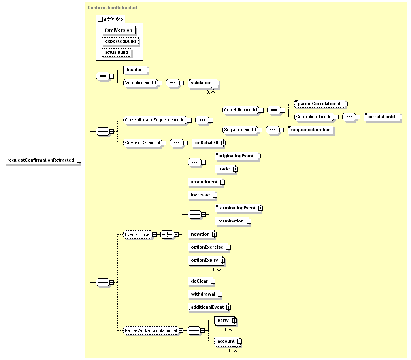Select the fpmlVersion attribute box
119,30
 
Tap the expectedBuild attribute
120,41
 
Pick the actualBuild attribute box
116,53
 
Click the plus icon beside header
147,70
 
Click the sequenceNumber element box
310,130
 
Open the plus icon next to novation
215,234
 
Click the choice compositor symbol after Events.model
167,234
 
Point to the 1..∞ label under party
228,330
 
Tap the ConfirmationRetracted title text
112,8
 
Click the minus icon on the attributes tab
100,19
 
